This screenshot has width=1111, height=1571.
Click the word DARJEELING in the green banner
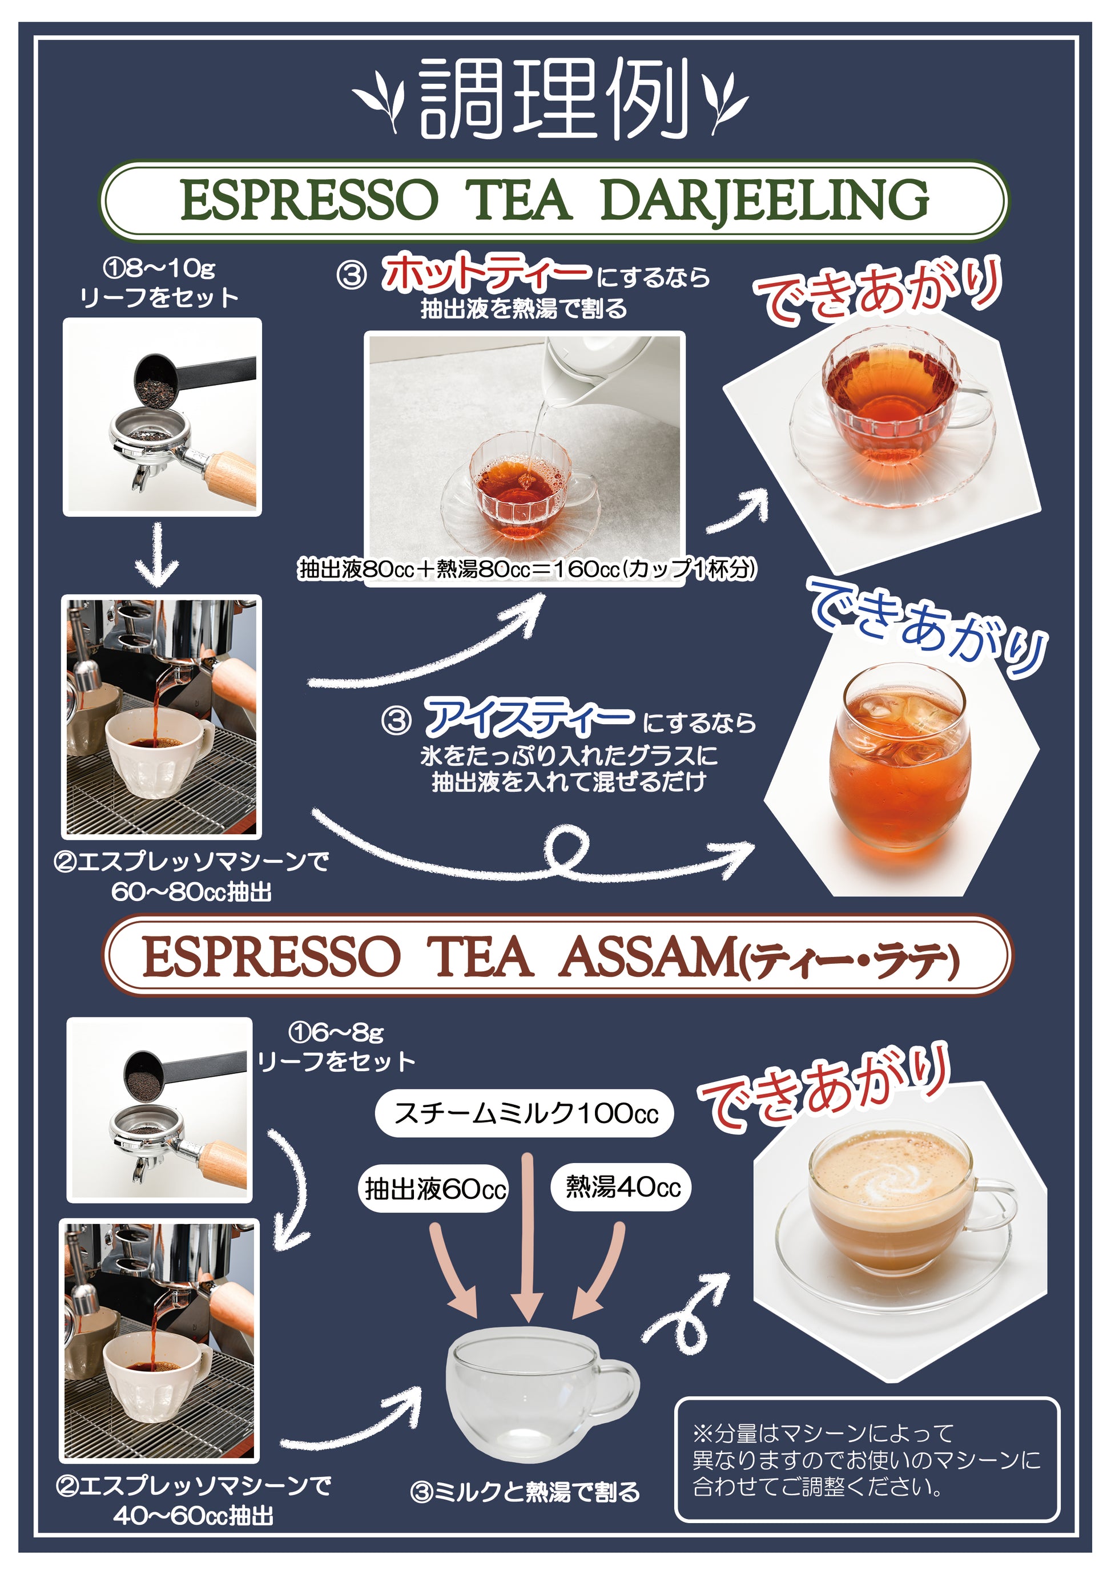pos(764,200)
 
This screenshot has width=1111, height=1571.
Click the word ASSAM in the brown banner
pos(647,956)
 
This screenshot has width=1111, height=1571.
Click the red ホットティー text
pos(485,272)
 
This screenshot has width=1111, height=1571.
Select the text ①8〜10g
pos(159,268)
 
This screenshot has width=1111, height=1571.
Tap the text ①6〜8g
pos(336,1031)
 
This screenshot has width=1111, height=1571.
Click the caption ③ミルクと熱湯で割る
pos(525,1492)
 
